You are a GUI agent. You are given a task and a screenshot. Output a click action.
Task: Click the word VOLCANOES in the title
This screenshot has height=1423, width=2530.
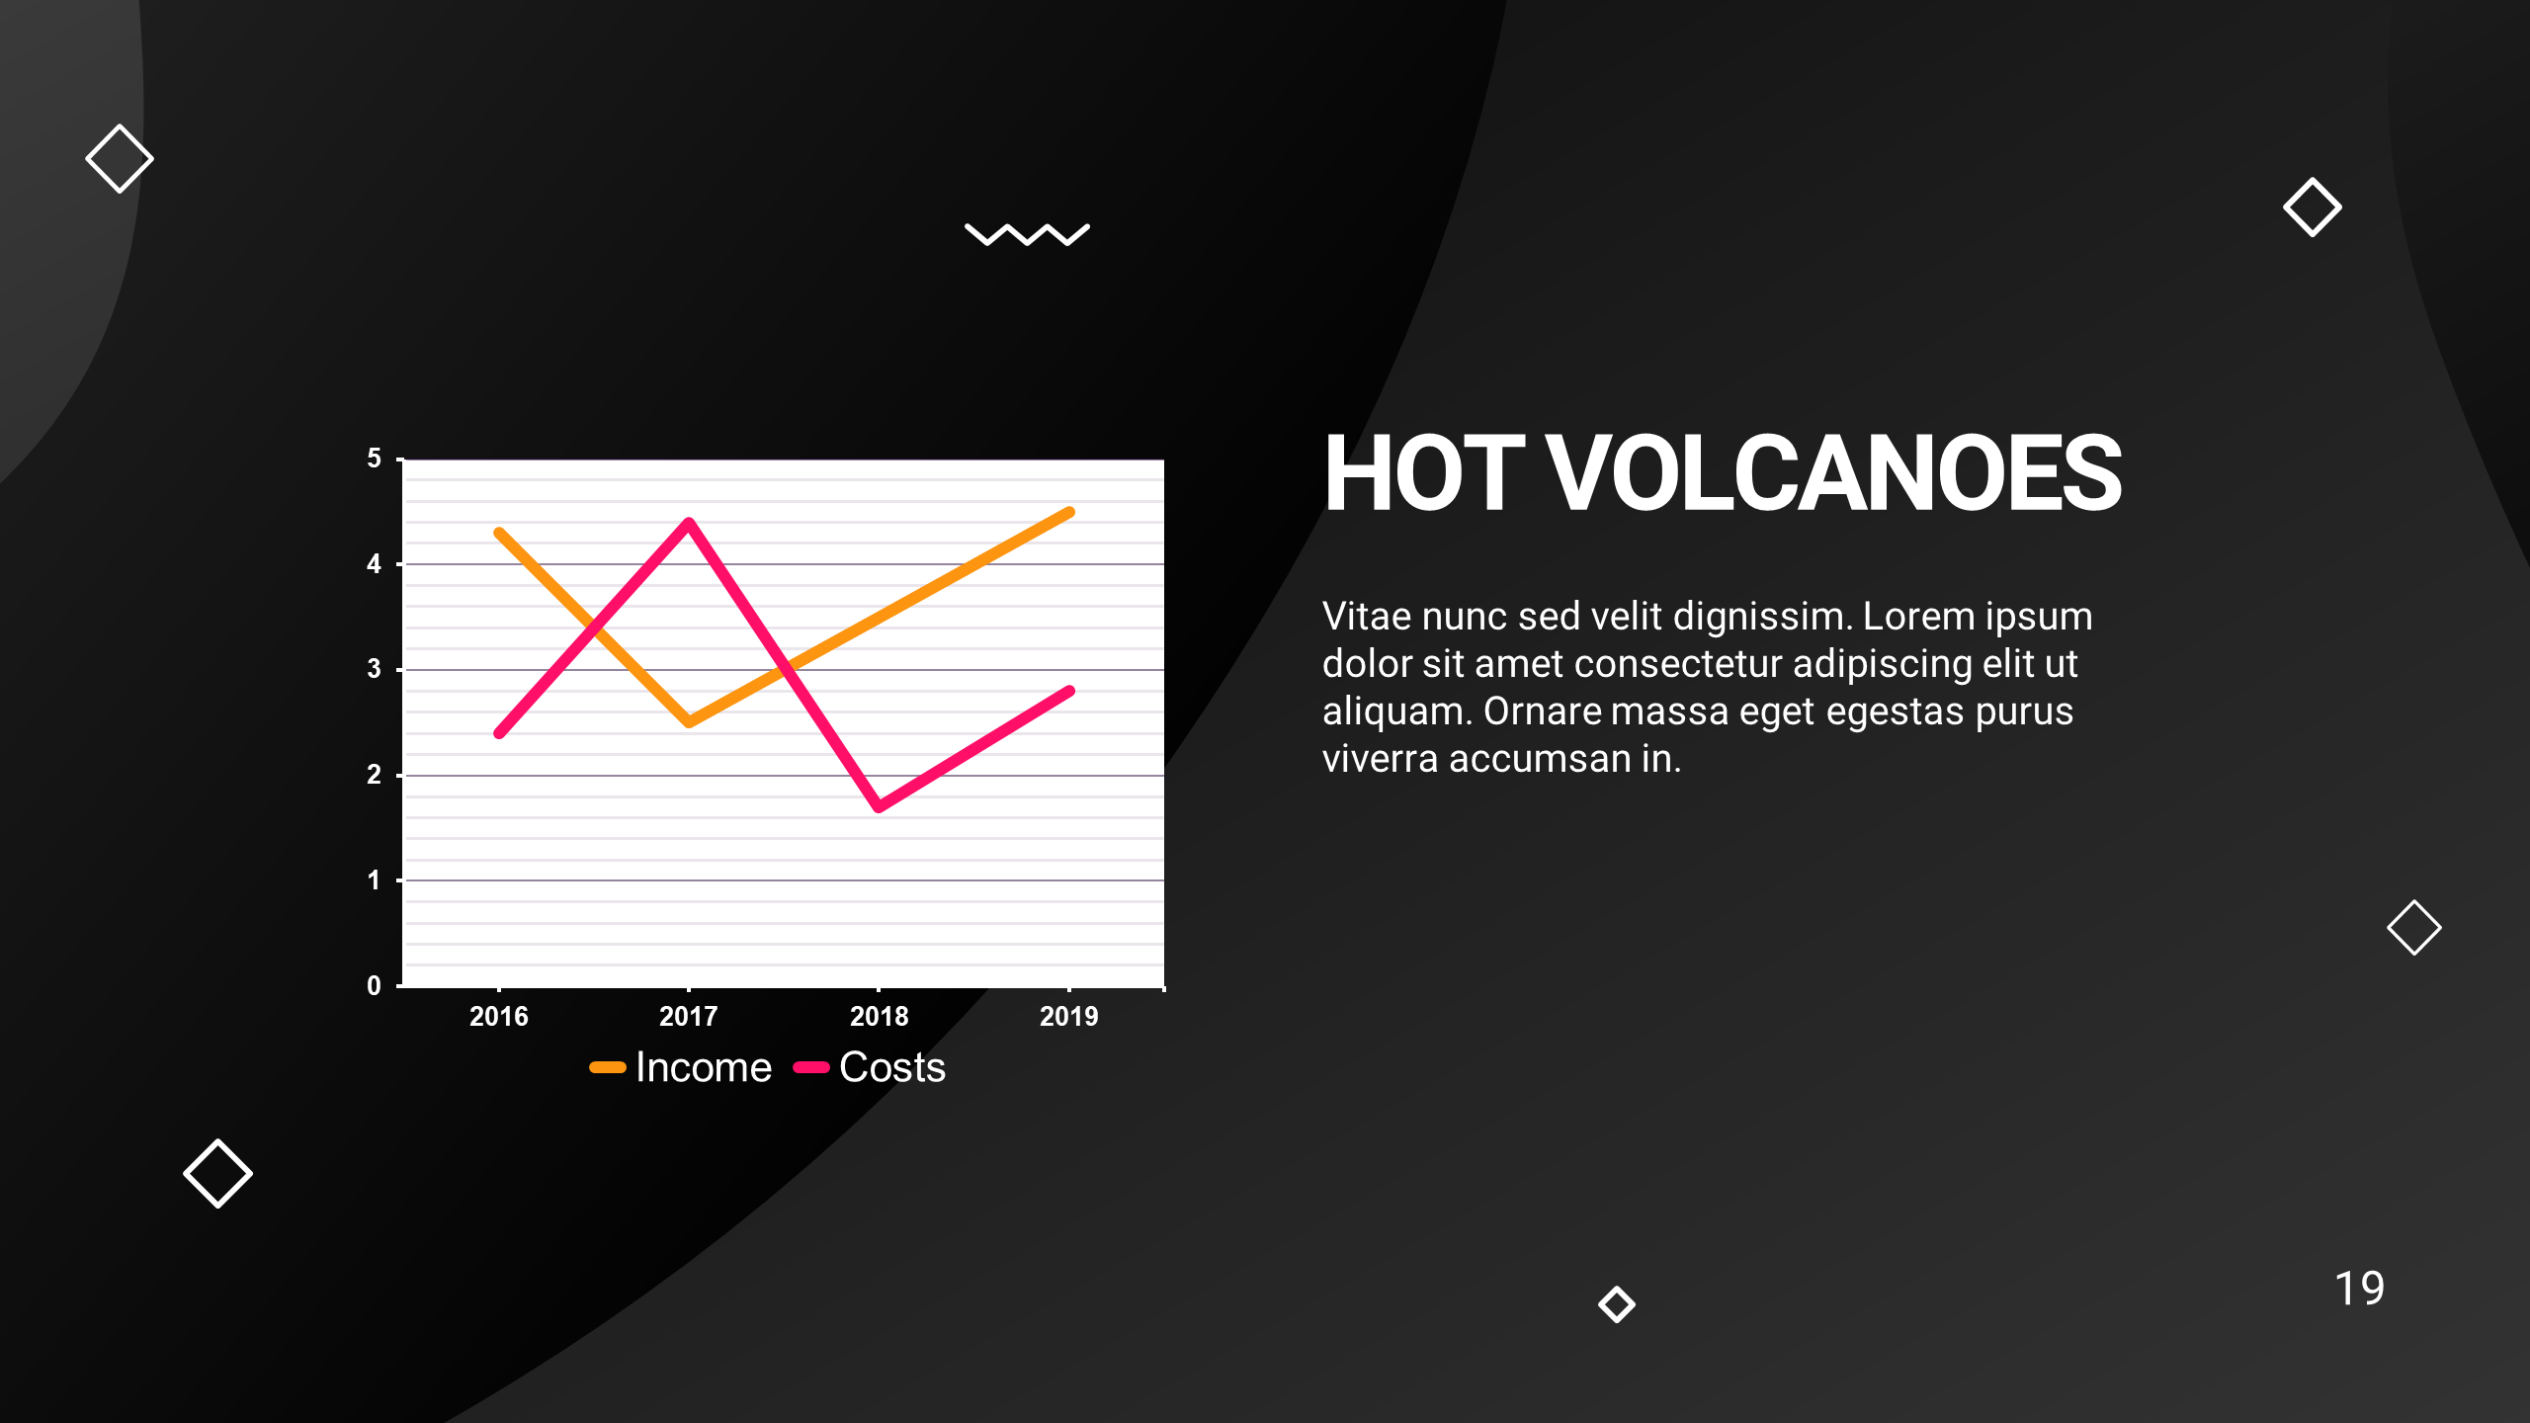click(1834, 474)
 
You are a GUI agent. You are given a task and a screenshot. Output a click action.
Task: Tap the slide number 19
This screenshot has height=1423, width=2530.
click(2359, 1289)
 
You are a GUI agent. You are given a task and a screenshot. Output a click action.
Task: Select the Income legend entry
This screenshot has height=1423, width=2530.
click(681, 1067)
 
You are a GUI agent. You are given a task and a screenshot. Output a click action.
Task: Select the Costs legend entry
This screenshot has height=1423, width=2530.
click(870, 1067)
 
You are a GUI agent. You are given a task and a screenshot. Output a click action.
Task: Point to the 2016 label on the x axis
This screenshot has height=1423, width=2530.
click(499, 1016)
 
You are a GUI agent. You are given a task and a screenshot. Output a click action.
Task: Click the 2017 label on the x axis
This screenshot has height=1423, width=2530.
click(689, 1016)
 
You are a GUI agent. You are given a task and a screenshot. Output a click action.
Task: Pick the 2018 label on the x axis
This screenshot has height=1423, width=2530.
click(880, 1016)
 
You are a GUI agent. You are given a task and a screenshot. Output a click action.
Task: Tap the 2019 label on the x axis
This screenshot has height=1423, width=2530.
click(1069, 1016)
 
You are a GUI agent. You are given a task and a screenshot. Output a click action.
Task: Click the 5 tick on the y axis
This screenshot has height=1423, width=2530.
click(374, 459)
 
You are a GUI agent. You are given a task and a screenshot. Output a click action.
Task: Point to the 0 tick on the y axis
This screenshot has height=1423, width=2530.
click(374, 985)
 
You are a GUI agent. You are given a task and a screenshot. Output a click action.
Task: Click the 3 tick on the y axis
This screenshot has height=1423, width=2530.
click(374, 669)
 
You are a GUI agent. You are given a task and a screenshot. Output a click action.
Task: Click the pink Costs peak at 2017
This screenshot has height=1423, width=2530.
click(689, 522)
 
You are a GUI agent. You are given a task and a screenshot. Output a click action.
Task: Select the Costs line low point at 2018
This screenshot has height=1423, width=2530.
click(879, 807)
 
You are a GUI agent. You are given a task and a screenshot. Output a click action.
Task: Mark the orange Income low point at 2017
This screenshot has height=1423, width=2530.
click(689, 722)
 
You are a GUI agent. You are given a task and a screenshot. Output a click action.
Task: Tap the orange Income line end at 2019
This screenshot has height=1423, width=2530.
click(1069, 512)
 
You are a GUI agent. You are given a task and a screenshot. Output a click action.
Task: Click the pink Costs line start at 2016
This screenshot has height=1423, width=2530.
click(499, 733)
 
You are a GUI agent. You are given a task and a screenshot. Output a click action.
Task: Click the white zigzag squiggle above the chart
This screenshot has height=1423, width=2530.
click(1027, 234)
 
